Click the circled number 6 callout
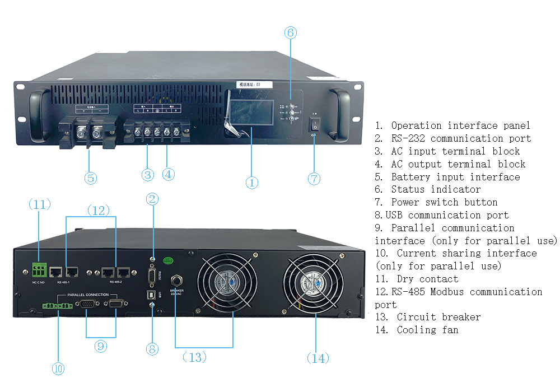[290, 32]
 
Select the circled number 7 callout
[314, 179]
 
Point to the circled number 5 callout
[91, 178]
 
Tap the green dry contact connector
[39, 271]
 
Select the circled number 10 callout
[58, 368]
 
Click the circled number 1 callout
[252, 183]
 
